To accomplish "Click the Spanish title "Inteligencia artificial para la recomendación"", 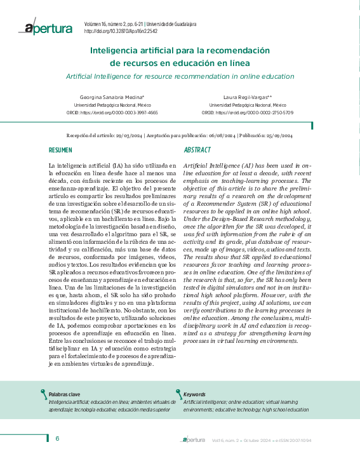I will click(x=180, y=50).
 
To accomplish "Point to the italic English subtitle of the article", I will click(x=180, y=76).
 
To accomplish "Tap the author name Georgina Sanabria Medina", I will click(x=109, y=97).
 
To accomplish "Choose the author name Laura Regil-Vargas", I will click(x=247, y=97).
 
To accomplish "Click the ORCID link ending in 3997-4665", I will click(x=116, y=112).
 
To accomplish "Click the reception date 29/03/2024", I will click(x=126, y=136).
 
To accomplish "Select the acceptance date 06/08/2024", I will click(x=220, y=136).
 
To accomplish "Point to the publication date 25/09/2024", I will click(x=280, y=136).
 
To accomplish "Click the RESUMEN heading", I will click(x=60, y=150).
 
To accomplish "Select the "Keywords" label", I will click(x=194, y=395).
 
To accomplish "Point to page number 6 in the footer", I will click(x=57, y=439).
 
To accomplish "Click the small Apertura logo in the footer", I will click(x=193, y=439).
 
